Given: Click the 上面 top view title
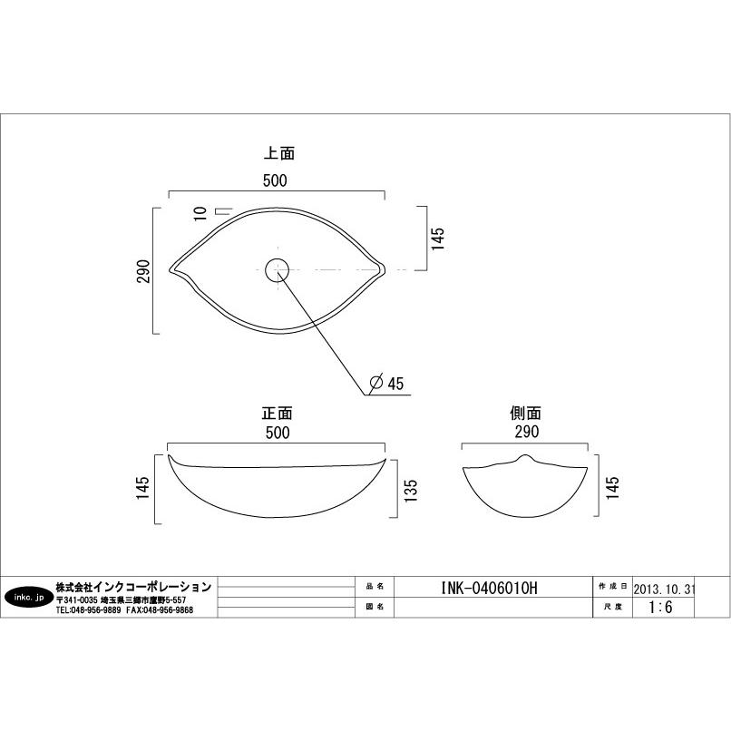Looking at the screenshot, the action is click(279, 153).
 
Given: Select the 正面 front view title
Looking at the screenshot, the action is click(277, 413).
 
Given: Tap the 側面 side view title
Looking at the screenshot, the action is click(525, 413).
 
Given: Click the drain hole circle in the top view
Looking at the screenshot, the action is click(277, 270).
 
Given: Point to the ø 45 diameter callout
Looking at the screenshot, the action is click(386, 383).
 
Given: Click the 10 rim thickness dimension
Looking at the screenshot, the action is click(200, 213).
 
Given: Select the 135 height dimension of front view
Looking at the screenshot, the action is click(411, 491).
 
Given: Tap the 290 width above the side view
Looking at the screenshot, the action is click(527, 432).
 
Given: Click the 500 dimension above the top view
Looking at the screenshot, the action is click(275, 180).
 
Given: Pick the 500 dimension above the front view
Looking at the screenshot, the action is click(278, 433).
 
